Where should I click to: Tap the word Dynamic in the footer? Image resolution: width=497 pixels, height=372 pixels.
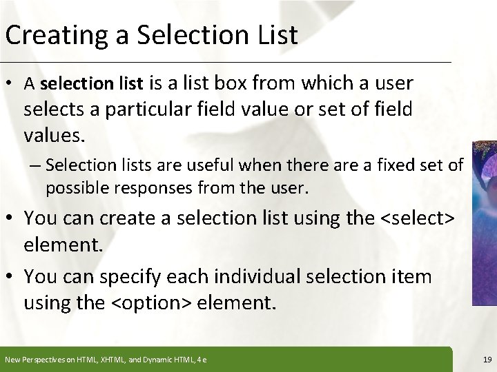click(157, 359)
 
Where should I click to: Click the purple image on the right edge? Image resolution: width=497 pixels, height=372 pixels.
click(484, 220)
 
